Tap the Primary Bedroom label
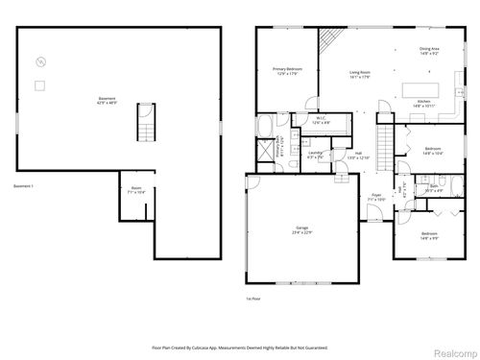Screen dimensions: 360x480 [x=287, y=70]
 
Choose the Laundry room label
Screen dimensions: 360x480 [x=315, y=155]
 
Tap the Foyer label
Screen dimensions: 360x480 [x=376, y=198]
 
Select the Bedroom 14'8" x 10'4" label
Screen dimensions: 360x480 [x=431, y=150]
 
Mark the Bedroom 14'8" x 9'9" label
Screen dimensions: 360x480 [x=429, y=235]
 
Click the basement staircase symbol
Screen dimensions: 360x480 [x=147, y=122]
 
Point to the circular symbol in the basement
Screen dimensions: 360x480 [x=39, y=62]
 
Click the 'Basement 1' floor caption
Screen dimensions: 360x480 [x=23, y=185]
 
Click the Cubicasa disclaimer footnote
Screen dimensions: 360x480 [x=240, y=347]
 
